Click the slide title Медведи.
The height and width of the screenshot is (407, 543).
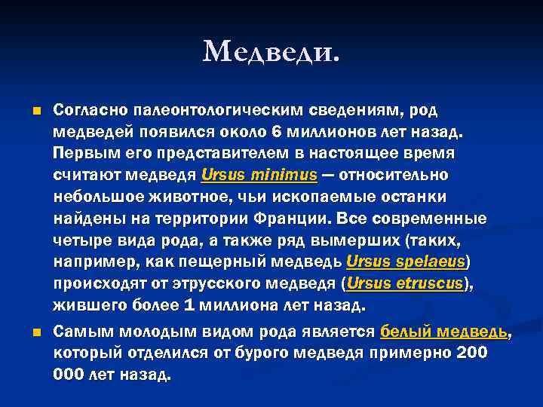coord(271,52)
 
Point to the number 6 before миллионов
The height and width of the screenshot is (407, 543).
coord(277,132)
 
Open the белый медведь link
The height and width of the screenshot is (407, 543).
coord(443,332)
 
